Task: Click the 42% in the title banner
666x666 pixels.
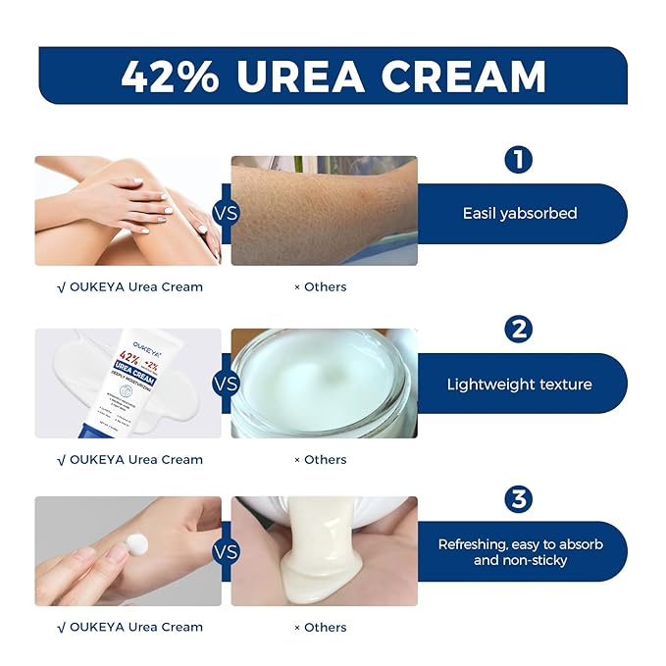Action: [170, 76]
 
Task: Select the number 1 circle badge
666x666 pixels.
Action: [518, 160]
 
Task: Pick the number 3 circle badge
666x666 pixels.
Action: [518, 499]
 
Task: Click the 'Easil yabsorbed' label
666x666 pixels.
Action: [519, 213]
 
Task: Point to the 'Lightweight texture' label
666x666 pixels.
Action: [519, 384]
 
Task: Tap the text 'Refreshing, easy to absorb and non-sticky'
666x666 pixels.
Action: [520, 552]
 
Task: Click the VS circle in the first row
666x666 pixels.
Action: [226, 211]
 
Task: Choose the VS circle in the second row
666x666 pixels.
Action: [226, 383]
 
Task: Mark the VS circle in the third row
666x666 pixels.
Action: [226, 551]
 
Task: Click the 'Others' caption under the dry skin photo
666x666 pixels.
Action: [321, 287]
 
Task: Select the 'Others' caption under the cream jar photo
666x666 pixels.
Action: [321, 459]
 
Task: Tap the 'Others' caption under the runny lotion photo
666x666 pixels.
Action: [321, 628]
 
